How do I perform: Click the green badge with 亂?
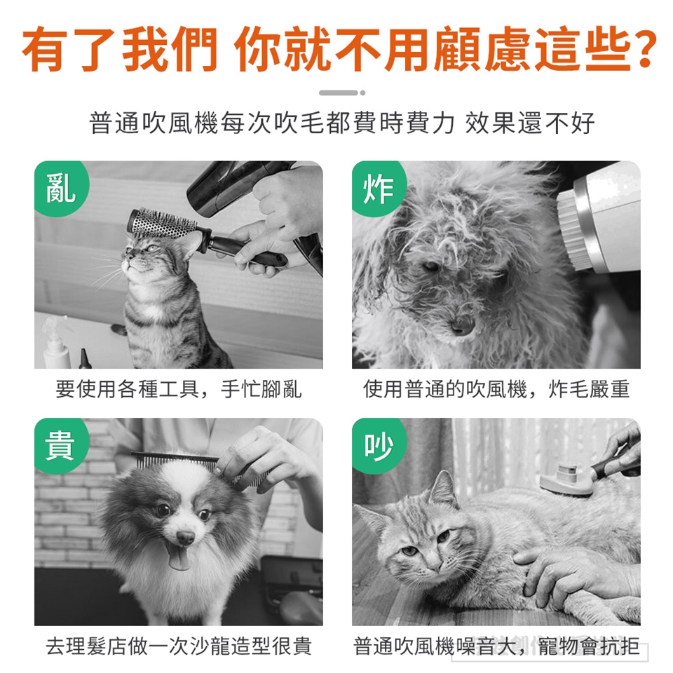(x=60, y=188)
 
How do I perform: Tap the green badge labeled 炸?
(x=378, y=188)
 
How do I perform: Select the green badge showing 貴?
(x=60, y=445)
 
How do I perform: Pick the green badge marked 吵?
(x=378, y=445)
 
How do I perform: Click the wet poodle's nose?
(x=462, y=324)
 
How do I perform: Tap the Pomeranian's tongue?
(x=179, y=557)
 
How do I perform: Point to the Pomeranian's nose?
(x=185, y=536)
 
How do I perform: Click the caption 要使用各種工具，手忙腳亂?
(x=179, y=389)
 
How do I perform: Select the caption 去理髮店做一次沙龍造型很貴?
(x=179, y=646)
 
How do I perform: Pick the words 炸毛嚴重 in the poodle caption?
(x=589, y=389)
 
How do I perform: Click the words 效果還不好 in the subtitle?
(x=530, y=123)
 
